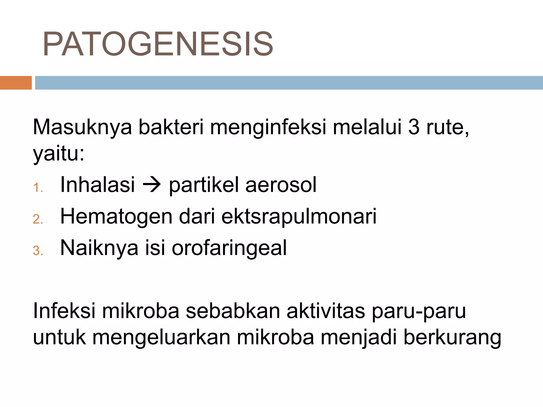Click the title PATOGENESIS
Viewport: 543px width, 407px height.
(158, 44)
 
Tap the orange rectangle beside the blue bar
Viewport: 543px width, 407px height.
(16, 83)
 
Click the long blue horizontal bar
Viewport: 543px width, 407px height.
(289, 83)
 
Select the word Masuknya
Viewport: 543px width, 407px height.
(82, 127)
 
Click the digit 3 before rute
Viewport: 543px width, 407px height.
(414, 127)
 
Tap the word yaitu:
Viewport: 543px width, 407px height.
(59, 153)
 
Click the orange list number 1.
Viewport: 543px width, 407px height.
(38, 188)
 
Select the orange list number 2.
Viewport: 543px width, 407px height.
(38, 219)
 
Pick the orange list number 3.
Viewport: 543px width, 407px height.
(38, 251)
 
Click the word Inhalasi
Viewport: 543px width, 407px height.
(98, 184)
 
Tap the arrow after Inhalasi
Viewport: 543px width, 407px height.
(152, 184)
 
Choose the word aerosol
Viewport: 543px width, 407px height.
(281, 184)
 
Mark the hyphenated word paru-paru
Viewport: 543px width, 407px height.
(419, 311)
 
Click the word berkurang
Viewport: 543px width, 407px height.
(452, 338)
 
